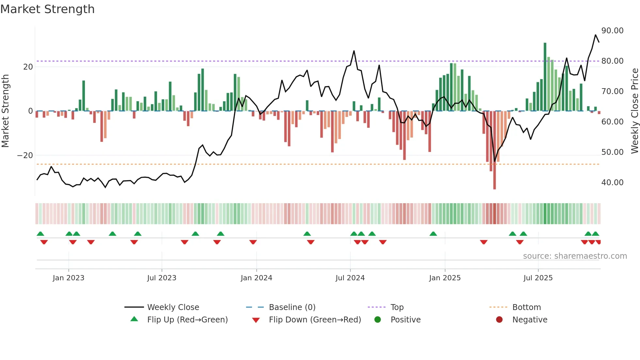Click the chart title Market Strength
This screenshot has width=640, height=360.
pos(47,9)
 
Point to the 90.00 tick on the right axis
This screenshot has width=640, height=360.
pos(612,31)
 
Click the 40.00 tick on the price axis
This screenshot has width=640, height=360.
pos(612,183)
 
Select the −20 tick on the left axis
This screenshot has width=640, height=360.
pos(25,155)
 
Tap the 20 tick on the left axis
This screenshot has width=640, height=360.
pos(28,67)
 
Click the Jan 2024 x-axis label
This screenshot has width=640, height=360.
pos(256,278)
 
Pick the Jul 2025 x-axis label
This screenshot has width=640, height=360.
pos(538,278)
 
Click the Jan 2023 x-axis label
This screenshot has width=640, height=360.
pos(69,278)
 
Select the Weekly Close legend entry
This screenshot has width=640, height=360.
pos(173,307)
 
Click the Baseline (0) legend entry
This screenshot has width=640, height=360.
pos(292,307)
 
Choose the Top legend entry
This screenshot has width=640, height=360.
pos(397,307)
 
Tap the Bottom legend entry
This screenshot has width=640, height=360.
pos(526,307)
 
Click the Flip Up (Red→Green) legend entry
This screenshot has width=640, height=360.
pos(187,320)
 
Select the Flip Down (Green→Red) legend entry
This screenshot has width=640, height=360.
pos(315,320)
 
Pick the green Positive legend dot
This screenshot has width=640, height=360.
pos(378,320)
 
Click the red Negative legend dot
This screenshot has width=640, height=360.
pos(499,320)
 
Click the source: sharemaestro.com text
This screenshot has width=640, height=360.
pos(575,256)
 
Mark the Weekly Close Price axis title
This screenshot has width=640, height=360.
pos(634,111)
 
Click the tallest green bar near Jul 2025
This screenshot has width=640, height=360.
pos(545,77)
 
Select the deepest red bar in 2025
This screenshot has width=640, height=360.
pos(494,150)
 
